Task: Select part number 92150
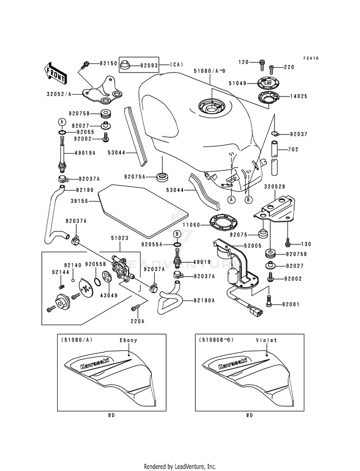click(x=108, y=64)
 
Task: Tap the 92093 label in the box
click(x=149, y=65)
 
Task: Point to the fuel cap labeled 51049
click(x=268, y=83)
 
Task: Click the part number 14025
click(x=299, y=97)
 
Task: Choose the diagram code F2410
click(x=311, y=58)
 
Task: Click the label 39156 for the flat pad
click(x=79, y=201)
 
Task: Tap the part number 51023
click(x=120, y=238)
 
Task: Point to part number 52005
click(x=253, y=246)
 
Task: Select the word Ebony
click(x=129, y=340)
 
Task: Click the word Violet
click(x=266, y=340)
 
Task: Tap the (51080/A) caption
click(x=76, y=340)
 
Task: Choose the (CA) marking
click(x=177, y=64)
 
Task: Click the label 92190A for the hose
click(x=204, y=301)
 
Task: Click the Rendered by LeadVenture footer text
click(x=180, y=466)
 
